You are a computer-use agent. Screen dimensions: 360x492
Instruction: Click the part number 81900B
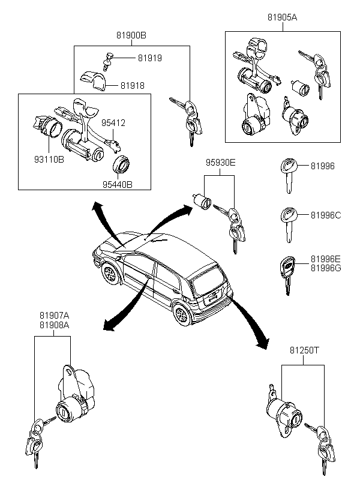click(131, 35)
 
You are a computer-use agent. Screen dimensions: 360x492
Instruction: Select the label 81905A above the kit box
click(282, 17)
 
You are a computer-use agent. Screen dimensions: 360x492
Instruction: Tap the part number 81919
click(150, 58)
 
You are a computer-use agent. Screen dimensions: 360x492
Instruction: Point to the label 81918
click(133, 86)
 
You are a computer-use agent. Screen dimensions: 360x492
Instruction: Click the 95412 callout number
click(113, 123)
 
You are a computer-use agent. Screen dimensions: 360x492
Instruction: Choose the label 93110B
click(49, 160)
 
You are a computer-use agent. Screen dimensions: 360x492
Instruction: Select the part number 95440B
click(118, 185)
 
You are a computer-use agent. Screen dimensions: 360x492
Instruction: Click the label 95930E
click(220, 163)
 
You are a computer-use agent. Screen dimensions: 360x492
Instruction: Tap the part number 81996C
click(326, 215)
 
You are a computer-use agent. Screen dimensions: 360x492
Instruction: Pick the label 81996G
click(326, 268)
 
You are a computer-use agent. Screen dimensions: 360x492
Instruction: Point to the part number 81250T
click(304, 350)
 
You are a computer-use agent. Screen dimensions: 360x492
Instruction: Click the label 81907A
click(54, 315)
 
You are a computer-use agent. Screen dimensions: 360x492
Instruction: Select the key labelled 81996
click(288, 175)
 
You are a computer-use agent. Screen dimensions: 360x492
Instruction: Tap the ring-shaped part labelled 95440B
click(121, 164)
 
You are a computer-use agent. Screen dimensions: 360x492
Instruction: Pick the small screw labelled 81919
click(107, 62)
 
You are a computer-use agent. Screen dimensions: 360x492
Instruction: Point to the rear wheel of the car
click(182, 314)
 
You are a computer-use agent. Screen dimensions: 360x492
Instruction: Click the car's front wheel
click(110, 273)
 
